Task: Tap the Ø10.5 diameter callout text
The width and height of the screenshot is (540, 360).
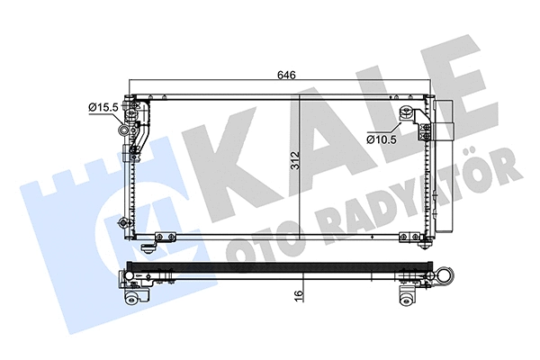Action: point(384,139)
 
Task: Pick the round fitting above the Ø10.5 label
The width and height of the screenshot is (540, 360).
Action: point(406,112)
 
